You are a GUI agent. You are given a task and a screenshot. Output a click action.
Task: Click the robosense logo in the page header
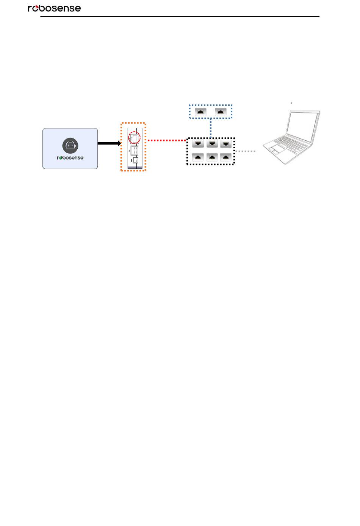coord(54,8)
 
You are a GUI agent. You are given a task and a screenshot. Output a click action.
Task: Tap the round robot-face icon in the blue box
coord(70,145)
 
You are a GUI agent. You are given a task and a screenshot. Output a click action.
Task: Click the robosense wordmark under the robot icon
coord(70,158)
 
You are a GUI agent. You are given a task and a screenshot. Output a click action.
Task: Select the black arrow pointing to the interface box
coord(109,143)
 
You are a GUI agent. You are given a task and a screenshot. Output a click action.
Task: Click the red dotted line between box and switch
coord(166,140)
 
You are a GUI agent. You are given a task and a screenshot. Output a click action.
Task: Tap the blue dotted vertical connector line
coord(210,128)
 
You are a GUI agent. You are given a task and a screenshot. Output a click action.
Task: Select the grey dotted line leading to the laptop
coord(246,151)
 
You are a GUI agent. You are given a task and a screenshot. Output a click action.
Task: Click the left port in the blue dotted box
coord(200,111)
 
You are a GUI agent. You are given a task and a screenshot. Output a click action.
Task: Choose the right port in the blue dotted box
coord(221,111)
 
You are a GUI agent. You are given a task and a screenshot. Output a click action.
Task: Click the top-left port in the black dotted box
coord(198,144)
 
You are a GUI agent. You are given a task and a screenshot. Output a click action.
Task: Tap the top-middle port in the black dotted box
coord(212,144)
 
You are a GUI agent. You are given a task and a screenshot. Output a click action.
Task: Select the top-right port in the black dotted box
coord(226,144)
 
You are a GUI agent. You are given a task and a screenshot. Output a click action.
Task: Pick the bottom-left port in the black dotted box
coord(198,157)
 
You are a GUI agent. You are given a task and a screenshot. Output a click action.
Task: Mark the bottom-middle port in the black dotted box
coord(212,157)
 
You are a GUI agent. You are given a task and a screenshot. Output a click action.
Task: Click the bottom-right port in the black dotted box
coord(226,157)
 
